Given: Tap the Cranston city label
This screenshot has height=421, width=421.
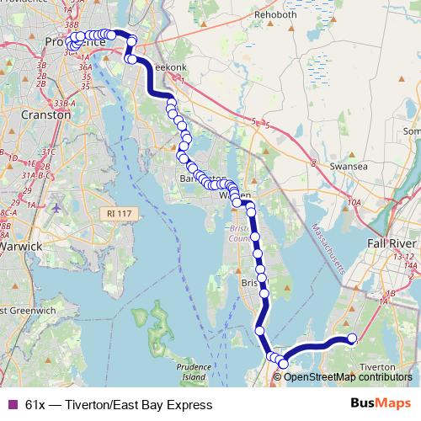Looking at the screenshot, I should tap(46, 116).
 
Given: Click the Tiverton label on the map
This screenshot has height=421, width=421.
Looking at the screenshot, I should tap(377, 367).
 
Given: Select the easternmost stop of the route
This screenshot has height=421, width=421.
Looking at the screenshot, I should tap(352, 340).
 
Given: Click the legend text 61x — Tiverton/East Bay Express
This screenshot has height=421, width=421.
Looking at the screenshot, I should tap(119, 405).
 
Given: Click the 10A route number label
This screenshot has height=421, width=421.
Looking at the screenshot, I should tap(354, 202).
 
